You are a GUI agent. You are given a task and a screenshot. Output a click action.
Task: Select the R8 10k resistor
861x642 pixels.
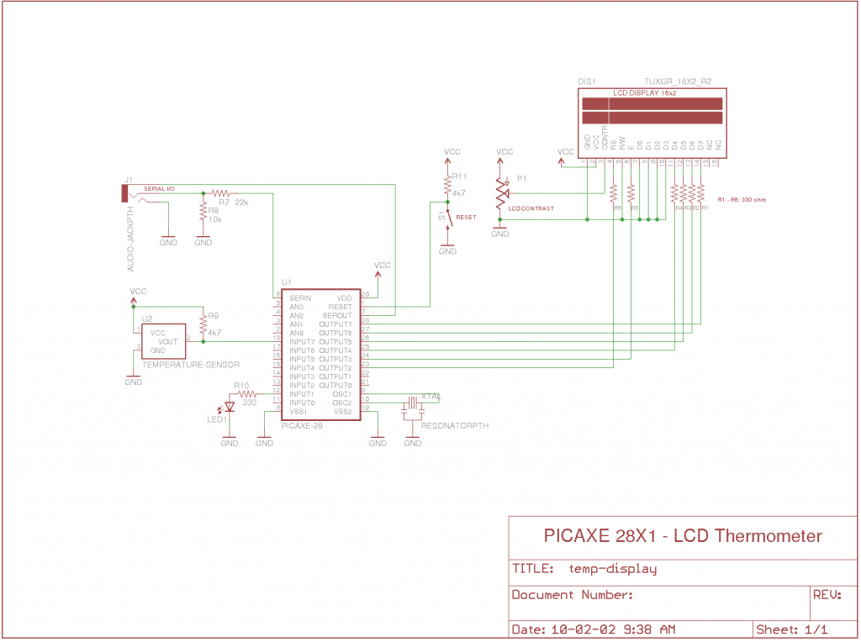click(203, 211)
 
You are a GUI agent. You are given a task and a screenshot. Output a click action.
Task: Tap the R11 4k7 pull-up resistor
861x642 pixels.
click(447, 184)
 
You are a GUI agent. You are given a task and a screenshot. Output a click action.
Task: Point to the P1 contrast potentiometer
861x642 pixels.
click(501, 193)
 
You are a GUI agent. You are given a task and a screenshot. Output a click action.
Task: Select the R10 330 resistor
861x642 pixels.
click(245, 393)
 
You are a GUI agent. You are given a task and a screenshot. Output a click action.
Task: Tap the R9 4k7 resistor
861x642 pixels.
click(203, 324)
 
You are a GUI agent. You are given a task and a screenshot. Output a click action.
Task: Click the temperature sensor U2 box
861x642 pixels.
click(163, 341)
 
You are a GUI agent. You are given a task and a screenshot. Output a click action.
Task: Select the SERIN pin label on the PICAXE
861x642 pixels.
click(300, 298)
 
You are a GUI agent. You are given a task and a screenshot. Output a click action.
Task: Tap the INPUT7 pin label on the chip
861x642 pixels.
click(302, 342)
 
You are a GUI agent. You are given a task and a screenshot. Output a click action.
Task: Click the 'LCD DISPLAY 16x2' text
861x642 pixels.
click(644, 92)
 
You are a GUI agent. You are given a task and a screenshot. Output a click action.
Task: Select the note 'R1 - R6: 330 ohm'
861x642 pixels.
click(742, 199)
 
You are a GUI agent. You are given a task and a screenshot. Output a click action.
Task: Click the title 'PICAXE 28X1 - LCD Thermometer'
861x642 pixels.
click(683, 536)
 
